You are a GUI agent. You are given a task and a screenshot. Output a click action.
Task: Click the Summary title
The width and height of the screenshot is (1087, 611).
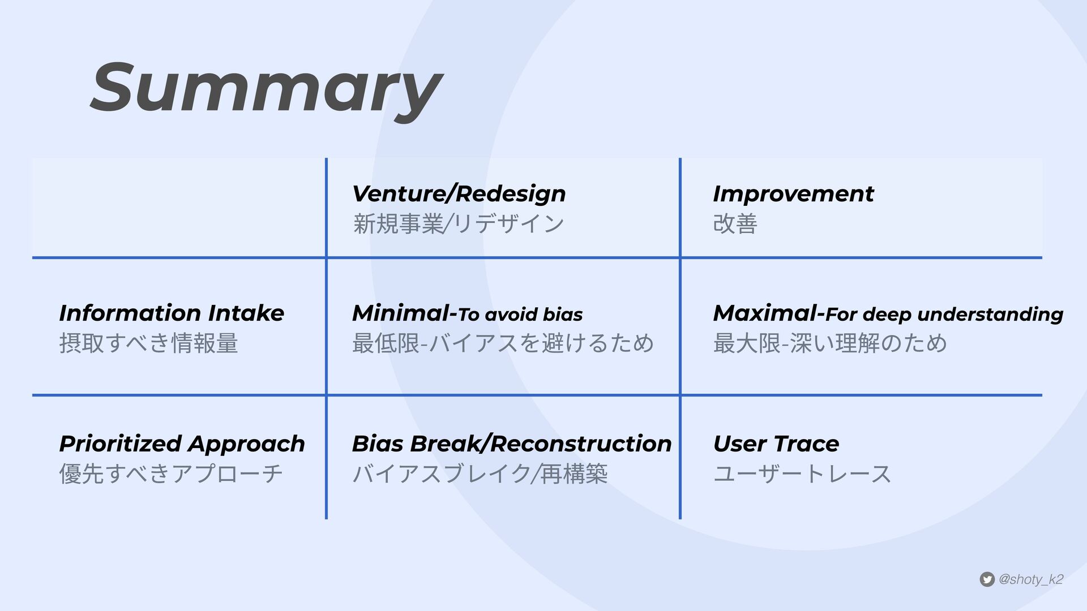tap(266, 91)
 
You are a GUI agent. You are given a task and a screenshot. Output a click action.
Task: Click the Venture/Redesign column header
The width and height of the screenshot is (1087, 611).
tap(459, 194)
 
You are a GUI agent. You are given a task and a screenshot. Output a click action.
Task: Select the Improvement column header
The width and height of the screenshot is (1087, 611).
tap(793, 194)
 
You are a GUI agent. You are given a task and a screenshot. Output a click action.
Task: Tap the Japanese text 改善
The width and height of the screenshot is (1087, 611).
tap(735, 223)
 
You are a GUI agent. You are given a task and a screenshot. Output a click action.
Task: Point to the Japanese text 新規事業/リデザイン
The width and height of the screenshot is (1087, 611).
tap(458, 223)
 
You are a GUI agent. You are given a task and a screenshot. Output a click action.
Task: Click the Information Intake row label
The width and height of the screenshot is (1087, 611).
tap(172, 313)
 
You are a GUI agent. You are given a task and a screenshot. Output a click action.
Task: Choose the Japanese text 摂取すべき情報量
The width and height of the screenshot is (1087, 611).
tap(148, 343)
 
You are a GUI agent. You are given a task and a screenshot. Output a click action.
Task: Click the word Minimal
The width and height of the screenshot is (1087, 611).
tap(401, 313)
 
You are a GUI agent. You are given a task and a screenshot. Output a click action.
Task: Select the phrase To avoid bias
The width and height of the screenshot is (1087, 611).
tap(520, 315)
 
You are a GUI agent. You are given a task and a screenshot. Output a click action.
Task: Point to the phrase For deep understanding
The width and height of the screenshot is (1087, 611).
tap(944, 315)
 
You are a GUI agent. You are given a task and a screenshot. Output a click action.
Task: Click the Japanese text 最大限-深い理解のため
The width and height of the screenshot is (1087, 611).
tap(830, 343)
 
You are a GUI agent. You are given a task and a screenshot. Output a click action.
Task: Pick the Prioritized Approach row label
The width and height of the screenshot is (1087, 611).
tap(182, 444)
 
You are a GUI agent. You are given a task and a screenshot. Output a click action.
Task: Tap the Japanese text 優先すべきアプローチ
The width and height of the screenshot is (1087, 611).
tap(171, 474)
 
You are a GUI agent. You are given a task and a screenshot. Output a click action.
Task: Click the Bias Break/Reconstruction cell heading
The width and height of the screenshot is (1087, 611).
tap(512, 444)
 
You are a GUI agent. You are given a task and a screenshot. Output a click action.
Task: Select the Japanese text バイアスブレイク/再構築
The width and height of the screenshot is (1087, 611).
tap(480, 474)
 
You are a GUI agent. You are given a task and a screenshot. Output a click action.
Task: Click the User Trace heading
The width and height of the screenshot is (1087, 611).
tap(776, 444)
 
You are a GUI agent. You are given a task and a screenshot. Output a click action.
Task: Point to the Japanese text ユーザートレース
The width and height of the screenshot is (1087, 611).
tap(802, 474)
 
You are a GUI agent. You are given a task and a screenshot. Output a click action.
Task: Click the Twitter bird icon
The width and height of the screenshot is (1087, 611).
tap(987, 579)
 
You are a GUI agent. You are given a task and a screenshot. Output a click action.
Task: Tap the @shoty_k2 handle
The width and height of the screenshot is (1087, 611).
tap(1031, 579)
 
